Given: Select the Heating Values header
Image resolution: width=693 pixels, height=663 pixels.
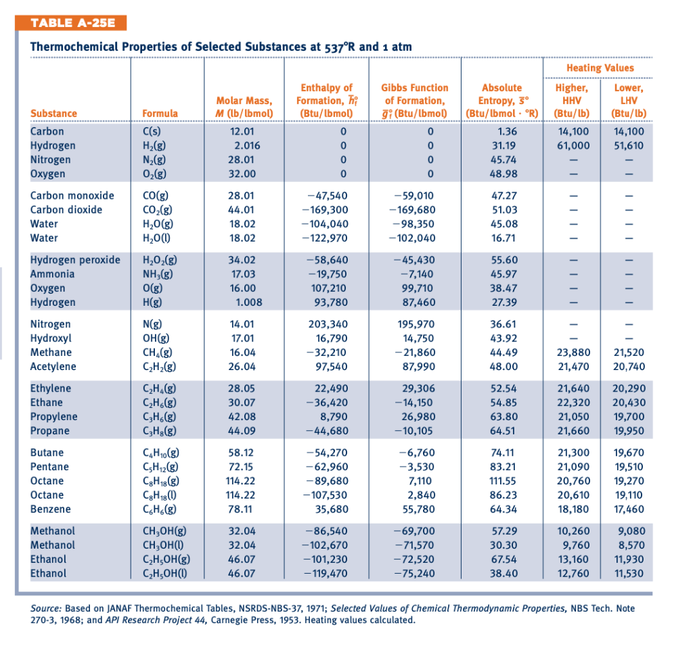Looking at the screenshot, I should [600, 68].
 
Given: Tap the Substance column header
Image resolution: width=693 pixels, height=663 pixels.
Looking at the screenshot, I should [53, 113].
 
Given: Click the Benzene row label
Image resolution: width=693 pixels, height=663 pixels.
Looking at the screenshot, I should [50, 509].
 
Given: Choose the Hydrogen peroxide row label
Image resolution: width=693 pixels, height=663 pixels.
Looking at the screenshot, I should [75, 260].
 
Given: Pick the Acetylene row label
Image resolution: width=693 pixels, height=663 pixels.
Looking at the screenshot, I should [53, 367].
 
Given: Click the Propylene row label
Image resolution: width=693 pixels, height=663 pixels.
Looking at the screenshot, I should [53, 417].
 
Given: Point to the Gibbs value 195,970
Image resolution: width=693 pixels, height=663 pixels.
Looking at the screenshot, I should [414, 324].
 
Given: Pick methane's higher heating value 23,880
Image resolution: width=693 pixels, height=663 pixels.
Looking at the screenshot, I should [573, 352].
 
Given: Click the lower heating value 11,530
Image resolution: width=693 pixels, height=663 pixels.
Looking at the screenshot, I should [629, 573].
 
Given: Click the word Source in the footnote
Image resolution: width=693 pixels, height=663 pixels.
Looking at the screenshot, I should [46, 608].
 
